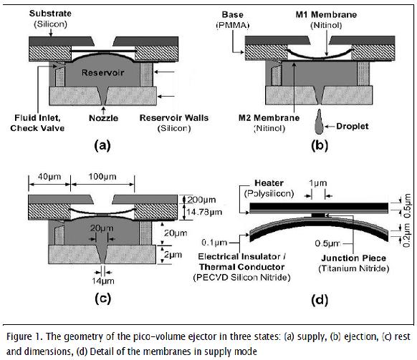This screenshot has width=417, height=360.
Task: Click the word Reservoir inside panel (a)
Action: (x=103, y=72)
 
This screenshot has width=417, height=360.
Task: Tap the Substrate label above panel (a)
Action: (x=50, y=14)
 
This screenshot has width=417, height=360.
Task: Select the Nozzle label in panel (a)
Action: (x=103, y=118)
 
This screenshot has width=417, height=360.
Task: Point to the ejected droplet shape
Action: (x=319, y=122)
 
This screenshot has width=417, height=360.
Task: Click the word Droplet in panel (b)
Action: (x=353, y=126)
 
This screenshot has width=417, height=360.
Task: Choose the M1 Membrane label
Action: (x=326, y=14)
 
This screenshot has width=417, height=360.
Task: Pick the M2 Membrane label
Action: (x=269, y=117)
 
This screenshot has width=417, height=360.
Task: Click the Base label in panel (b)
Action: (x=232, y=14)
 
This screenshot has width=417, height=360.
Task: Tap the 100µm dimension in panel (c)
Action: (x=102, y=176)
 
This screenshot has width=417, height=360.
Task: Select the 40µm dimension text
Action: (x=49, y=176)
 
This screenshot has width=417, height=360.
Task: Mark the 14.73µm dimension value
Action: (x=204, y=212)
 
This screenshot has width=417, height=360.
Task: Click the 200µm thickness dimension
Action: (x=201, y=200)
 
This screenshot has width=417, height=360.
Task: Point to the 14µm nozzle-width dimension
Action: (x=103, y=281)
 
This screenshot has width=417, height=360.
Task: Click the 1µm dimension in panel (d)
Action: (x=318, y=183)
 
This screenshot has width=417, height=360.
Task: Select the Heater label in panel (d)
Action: (x=269, y=183)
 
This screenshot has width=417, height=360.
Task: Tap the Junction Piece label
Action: (x=353, y=258)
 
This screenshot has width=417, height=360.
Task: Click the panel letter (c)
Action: (x=102, y=298)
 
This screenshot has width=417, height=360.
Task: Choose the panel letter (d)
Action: (x=320, y=300)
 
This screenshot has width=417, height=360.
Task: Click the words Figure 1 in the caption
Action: (x=24, y=336)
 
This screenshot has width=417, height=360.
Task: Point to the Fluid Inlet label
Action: (x=37, y=117)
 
